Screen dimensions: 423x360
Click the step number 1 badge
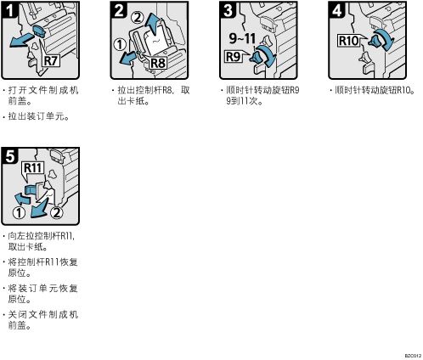10,10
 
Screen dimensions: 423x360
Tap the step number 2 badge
119,10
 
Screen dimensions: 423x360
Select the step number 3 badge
228,10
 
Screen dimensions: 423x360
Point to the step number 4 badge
337,10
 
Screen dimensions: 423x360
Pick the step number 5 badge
10,156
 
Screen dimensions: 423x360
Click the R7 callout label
51,60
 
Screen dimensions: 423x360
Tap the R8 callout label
158,63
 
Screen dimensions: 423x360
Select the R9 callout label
233,57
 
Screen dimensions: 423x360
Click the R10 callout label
348,41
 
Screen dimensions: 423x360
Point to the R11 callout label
33,168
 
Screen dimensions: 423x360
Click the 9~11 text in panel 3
242,38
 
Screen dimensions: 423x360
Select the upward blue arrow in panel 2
154,24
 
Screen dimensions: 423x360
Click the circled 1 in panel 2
120,44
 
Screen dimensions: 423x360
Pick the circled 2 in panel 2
138,18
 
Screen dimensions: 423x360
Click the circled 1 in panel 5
19,213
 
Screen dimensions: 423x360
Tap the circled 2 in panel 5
57,213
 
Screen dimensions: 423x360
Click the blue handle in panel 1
39,31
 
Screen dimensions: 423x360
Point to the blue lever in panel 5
31,189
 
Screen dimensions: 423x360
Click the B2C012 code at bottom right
413,356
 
